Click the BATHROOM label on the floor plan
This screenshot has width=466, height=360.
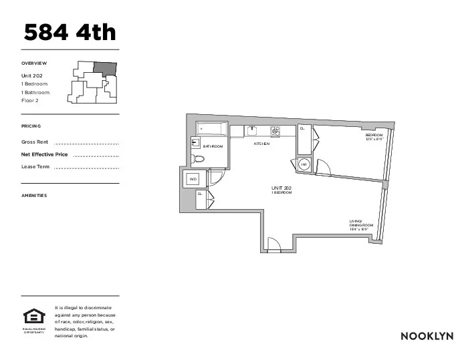(213, 146)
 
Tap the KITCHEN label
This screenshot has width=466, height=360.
(261, 144)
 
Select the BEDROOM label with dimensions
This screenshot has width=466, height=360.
(374, 137)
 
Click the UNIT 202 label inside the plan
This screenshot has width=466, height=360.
(281, 190)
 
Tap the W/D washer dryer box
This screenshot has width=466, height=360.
(193, 179)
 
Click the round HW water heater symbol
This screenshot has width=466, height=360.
(304, 164)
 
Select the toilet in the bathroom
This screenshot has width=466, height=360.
(198, 159)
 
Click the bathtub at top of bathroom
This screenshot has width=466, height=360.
(213, 128)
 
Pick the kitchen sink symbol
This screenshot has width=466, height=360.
(252, 130)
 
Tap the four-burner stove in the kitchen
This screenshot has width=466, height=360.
(274, 130)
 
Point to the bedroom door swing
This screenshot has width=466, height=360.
(322, 166)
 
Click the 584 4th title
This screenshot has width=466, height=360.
(70, 32)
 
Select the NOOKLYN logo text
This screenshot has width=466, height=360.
(427, 335)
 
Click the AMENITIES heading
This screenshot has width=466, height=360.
(34, 196)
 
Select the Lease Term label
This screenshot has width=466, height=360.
(35, 166)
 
